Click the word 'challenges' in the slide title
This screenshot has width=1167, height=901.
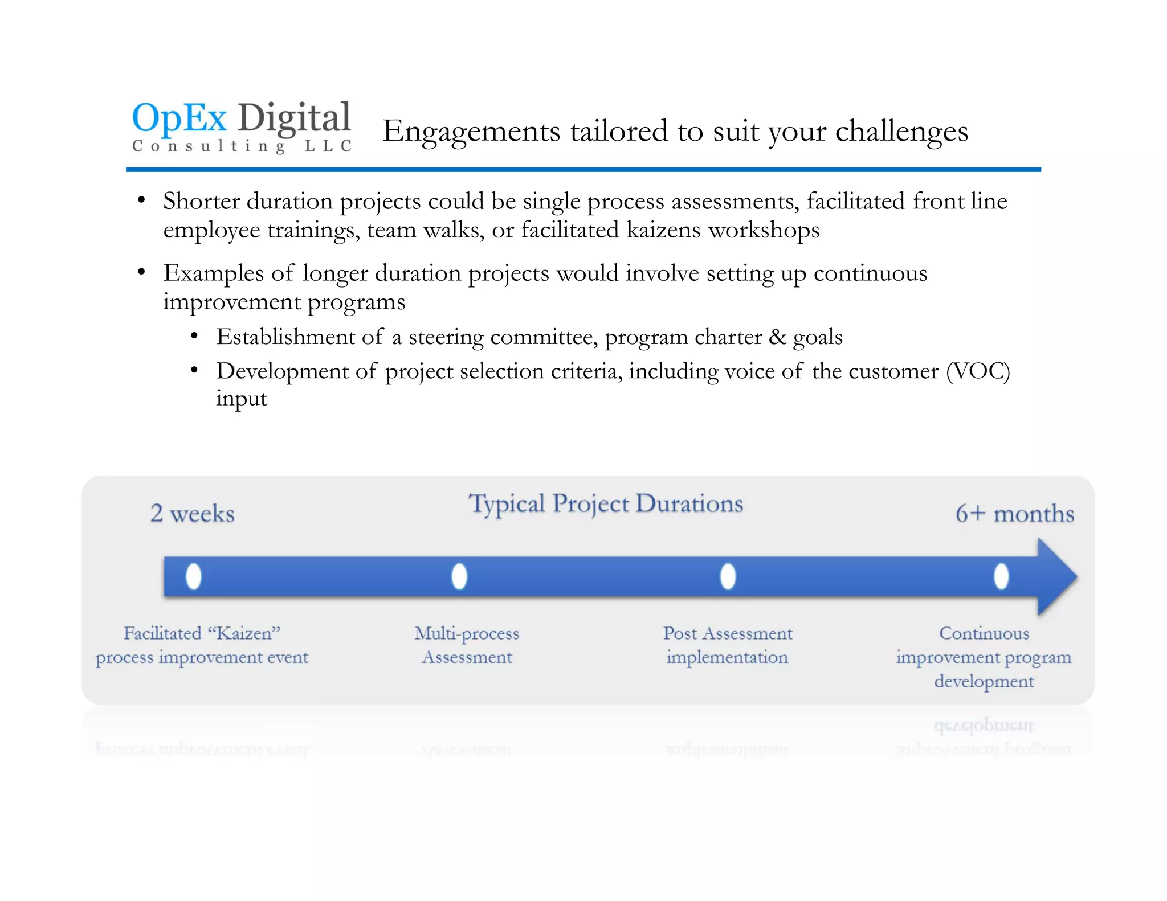901,132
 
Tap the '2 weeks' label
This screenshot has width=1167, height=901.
192,514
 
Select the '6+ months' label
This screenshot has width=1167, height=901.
1014,514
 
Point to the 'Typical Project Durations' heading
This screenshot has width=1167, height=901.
606,504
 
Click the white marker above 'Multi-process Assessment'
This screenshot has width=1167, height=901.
459,576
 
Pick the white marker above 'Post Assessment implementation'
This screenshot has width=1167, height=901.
728,576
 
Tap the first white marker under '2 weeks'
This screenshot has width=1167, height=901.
194,576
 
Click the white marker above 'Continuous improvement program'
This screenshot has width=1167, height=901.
1001,576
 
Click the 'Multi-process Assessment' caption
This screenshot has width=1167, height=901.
467,645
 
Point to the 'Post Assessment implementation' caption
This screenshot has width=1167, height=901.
728,645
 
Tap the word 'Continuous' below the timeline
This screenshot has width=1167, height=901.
984,633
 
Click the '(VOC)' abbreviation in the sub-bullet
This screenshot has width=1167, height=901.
978,371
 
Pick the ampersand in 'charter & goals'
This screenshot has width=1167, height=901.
777,337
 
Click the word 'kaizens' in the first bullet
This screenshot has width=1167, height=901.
663,230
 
